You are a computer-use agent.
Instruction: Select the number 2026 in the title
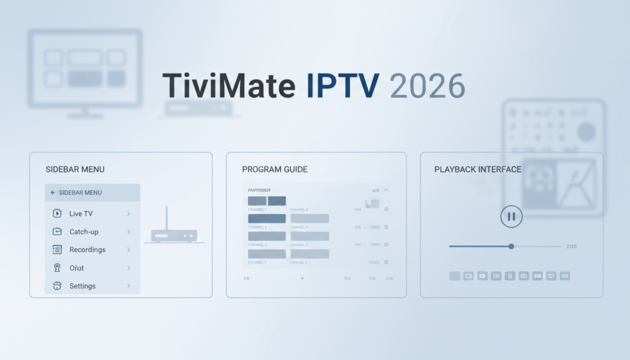[427, 86]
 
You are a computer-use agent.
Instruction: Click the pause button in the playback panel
[511, 216]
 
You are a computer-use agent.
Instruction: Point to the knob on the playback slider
[511, 246]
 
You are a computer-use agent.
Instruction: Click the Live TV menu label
[81, 214]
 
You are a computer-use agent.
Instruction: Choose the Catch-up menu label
[84, 232]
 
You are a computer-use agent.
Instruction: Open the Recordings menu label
[87, 250]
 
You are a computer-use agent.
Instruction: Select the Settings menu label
[82, 286]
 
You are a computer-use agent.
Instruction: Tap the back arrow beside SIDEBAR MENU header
[53, 193]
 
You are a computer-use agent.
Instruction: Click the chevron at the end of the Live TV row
[129, 214]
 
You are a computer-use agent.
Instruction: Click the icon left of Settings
[57, 286]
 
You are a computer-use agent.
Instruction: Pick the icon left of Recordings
[57, 250]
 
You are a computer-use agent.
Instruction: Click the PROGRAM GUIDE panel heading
[274, 169]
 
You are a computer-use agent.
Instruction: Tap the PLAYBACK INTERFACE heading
[477, 169]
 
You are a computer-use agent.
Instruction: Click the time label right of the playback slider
[571, 246]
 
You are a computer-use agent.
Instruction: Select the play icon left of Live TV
[57, 214]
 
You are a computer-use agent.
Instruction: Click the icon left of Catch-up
[57, 232]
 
